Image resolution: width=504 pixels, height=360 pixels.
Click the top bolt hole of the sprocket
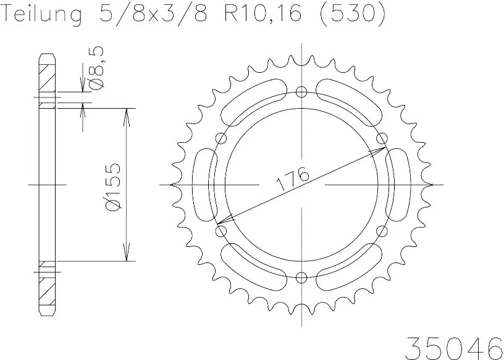(x=301, y=93)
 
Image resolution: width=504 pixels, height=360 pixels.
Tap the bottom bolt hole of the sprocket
(x=301, y=277)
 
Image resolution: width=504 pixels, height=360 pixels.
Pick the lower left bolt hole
(x=221, y=231)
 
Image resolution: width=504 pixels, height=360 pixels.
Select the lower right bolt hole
(x=381, y=231)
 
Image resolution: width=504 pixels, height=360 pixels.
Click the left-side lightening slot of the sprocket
(x=204, y=185)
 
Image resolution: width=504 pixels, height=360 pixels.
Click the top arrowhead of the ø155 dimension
(x=127, y=114)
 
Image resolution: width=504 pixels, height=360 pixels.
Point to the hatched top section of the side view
(x=47, y=77)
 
